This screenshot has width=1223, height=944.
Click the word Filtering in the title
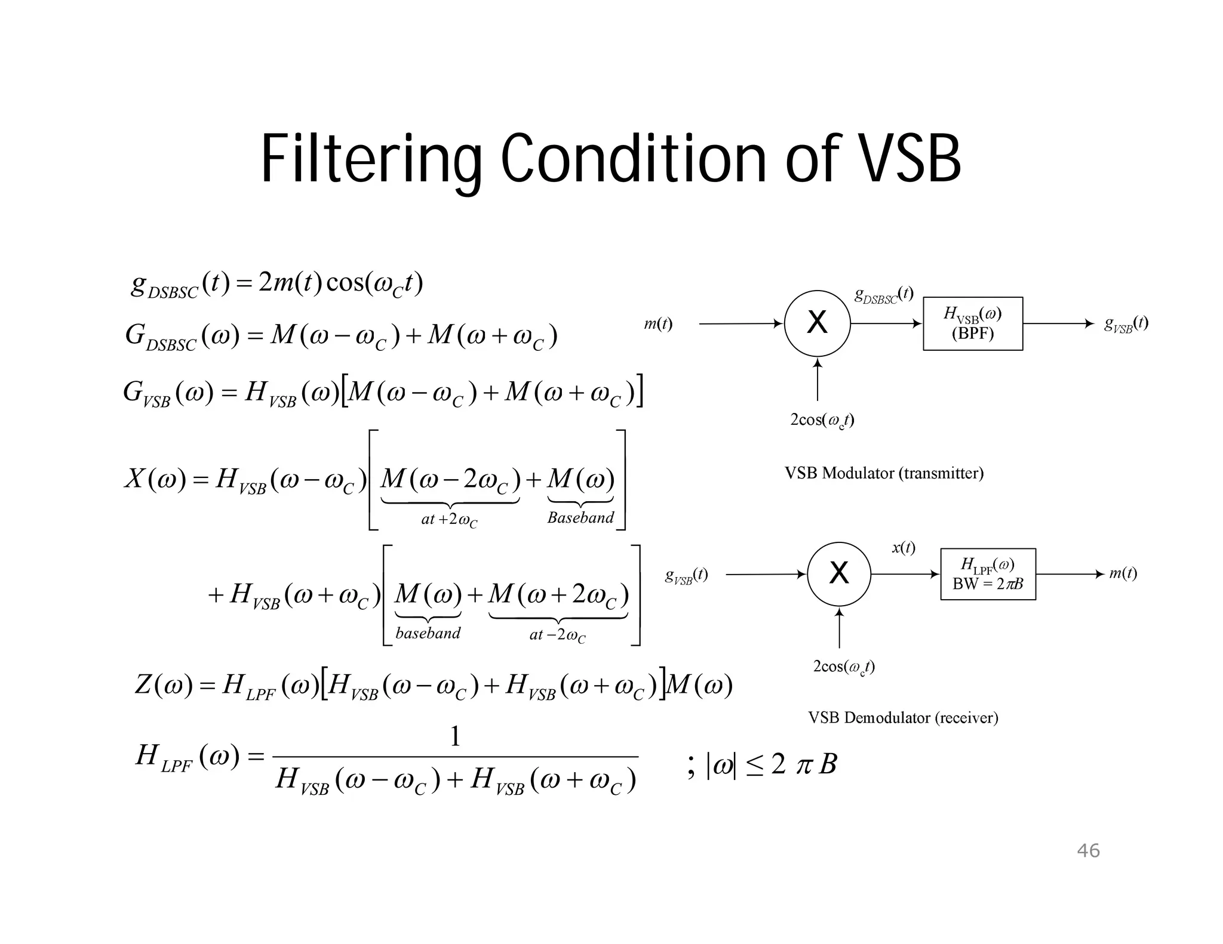tap(370, 160)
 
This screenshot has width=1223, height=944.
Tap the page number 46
tap(1088, 850)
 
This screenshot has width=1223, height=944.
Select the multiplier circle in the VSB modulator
tap(817, 323)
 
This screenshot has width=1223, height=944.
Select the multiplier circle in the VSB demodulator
tap(839, 574)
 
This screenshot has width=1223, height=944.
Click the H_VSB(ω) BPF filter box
tap(973, 323)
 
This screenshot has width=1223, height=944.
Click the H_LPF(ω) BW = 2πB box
tap(988, 574)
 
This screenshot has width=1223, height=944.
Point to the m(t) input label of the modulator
tap(658, 324)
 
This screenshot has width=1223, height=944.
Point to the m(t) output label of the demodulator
tap(1123, 573)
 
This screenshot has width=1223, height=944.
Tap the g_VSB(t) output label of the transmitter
tap(1126, 324)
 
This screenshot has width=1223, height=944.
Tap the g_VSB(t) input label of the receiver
tap(687, 575)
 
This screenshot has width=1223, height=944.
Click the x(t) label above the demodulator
tap(904, 548)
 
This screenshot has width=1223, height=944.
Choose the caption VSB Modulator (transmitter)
tap(884, 473)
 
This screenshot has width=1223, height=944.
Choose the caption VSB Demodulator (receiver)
tap(903, 717)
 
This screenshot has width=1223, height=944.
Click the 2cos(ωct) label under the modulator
tap(822, 421)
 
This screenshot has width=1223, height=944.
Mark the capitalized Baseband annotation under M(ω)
tap(580, 517)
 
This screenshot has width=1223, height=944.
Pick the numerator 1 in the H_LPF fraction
tap(455, 736)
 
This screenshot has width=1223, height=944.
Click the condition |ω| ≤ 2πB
tap(770, 764)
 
